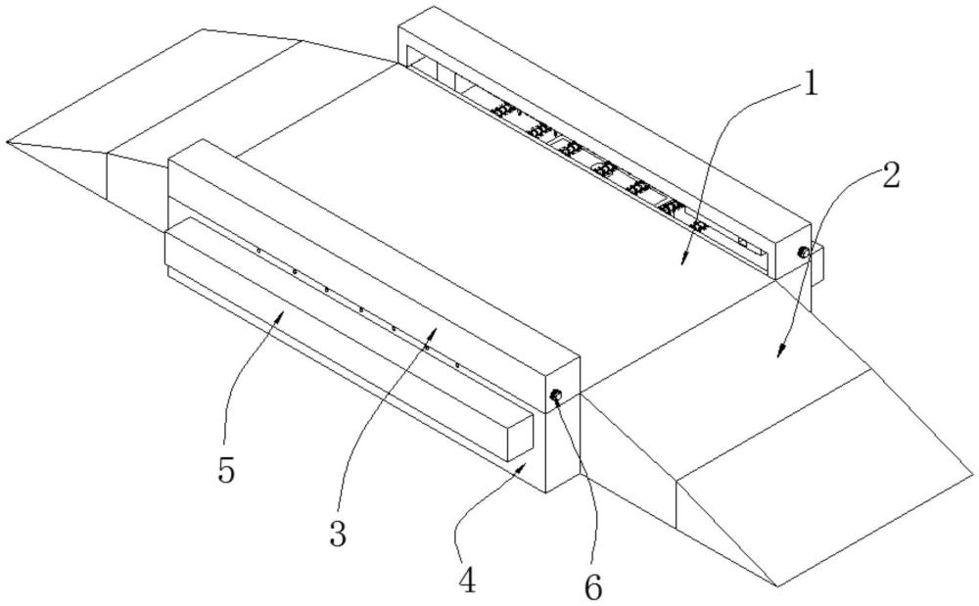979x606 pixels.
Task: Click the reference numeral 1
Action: click(810, 83)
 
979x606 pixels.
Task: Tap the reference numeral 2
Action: click(887, 176)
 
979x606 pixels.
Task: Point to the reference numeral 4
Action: click(468, 580)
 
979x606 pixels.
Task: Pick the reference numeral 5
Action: click(226, 472)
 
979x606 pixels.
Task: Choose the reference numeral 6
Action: click(594, 587)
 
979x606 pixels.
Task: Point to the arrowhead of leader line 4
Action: click(526, 466)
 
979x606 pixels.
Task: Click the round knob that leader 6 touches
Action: click(555, 396)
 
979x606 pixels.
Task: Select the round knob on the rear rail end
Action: click(803, 253)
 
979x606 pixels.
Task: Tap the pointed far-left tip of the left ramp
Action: click(7, 142)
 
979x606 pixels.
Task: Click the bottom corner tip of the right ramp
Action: click(776, 586)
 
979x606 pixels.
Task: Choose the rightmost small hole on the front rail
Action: click(458, 364)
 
